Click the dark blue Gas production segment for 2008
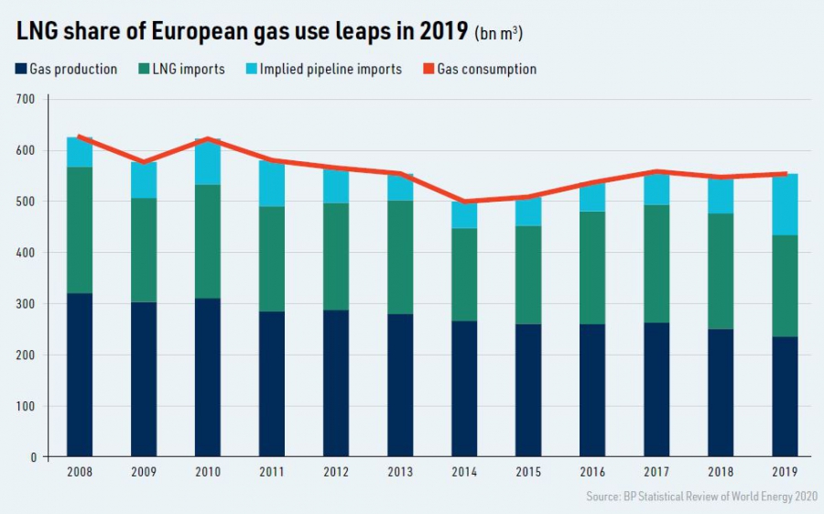[80, 375]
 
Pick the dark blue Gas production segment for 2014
[463, 388]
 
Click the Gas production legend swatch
[21, 69]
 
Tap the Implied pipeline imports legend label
[331, 69]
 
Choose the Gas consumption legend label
[486, 69]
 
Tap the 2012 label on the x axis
[336, 473]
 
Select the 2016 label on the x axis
[591, 473]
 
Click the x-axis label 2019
[785, 473]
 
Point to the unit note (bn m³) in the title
[499, 34]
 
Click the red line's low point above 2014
[463, 202]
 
